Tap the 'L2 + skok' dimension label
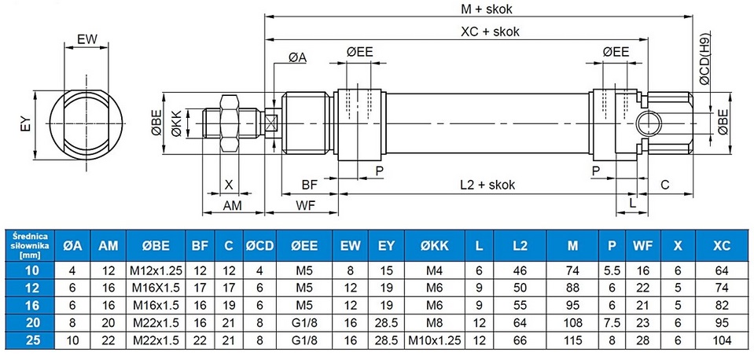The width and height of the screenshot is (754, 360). click(487, 185)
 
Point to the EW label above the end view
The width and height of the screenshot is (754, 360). click(86, 39)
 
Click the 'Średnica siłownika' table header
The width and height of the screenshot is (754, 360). click(29, 244)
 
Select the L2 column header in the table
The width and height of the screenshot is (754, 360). click(520, 245)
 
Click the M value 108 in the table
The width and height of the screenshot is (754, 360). click(572, 324)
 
